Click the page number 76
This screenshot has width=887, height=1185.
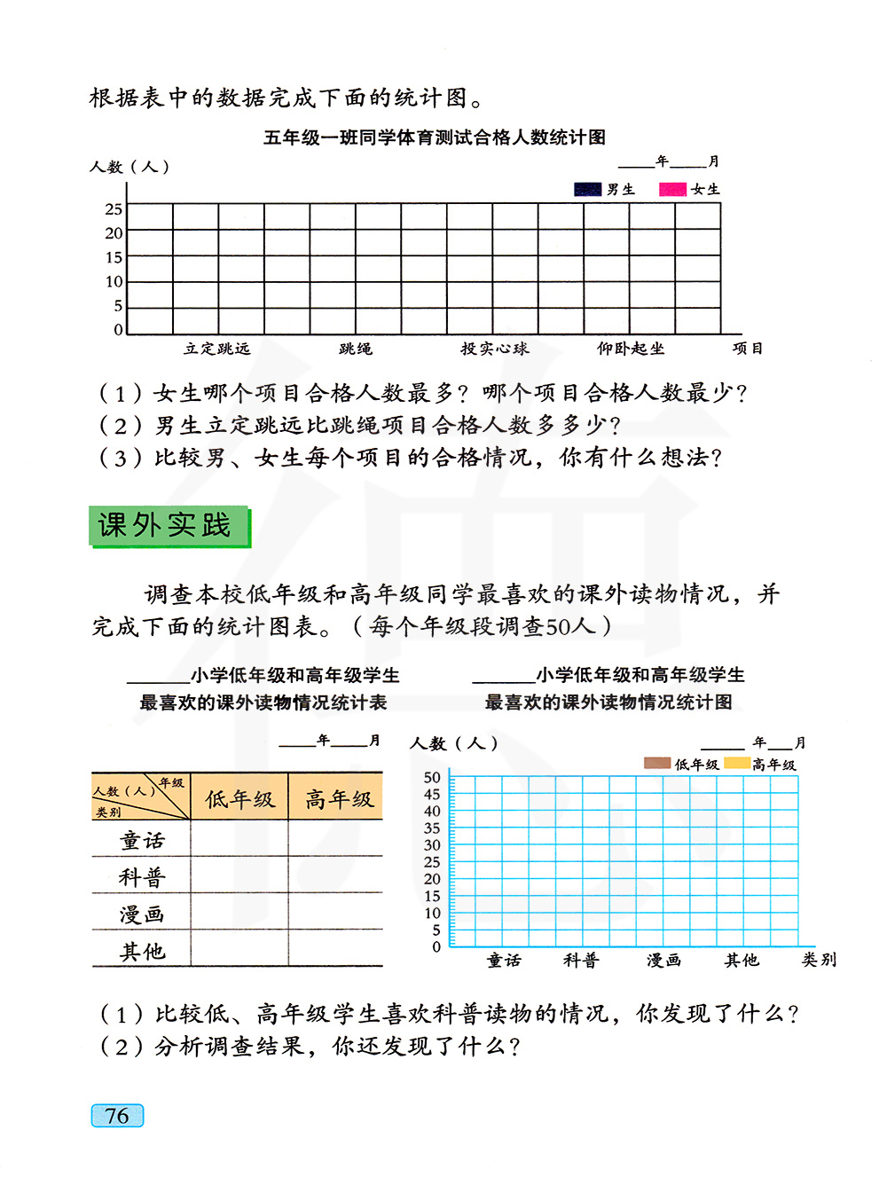[117, 1116]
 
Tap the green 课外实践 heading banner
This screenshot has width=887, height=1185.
[169, 526]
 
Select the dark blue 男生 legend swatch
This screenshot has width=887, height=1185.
[587, 189]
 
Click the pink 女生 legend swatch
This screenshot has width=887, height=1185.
[672, 189]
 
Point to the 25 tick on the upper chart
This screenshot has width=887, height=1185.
[114, 209]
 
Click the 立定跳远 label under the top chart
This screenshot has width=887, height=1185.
[217, 349]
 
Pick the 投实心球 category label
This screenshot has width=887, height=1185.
[494, 349]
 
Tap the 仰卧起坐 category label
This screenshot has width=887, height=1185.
[631, 349]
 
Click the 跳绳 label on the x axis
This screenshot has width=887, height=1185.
[356, 349]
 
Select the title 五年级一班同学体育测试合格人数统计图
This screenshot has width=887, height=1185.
[435, 137]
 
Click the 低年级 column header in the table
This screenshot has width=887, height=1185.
[239, 799]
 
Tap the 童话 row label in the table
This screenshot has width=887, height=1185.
[142, 840]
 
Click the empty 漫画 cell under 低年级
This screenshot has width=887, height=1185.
[239, 914]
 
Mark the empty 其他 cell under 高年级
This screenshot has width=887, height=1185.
[336, 950]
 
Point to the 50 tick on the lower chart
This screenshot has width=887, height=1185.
[432, 778]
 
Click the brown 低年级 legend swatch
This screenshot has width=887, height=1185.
[657, 763]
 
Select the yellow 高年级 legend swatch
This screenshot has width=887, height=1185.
[736, 763]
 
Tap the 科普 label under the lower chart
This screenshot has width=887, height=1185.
[581, 960]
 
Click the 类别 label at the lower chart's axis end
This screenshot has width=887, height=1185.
[819, 960]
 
